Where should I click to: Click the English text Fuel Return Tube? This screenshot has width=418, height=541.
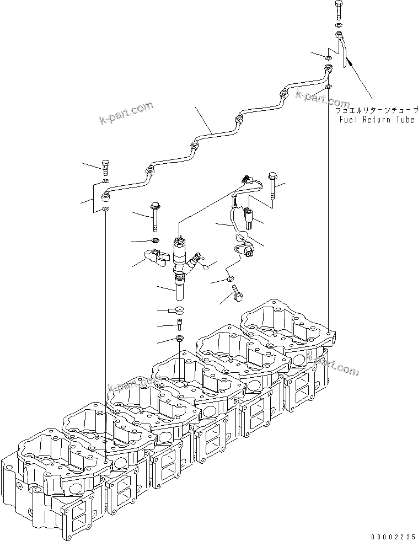(377, 120)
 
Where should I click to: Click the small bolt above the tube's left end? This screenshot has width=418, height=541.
(105, 166)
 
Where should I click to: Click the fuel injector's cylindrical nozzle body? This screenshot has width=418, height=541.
(180, 287)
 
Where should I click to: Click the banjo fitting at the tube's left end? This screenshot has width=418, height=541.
(106, 195)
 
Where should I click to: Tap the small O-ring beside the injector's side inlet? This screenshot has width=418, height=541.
(206, 267)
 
